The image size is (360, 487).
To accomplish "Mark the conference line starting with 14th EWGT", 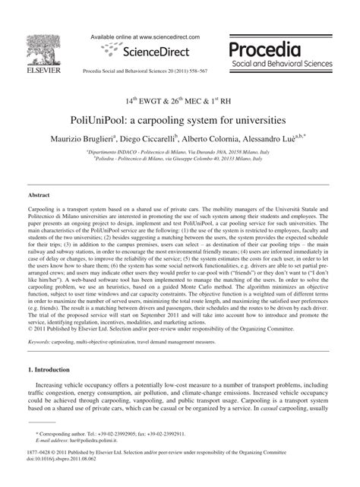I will pos(181,100).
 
